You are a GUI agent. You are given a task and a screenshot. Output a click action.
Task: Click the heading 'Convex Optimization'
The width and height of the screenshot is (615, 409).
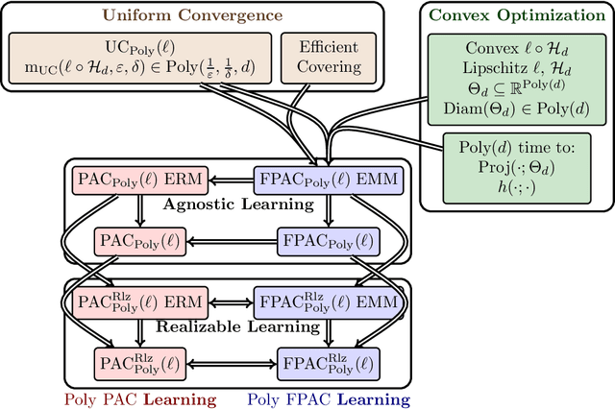[510, 16]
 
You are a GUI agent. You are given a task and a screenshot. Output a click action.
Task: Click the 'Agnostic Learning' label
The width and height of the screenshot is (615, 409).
[223, 204]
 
